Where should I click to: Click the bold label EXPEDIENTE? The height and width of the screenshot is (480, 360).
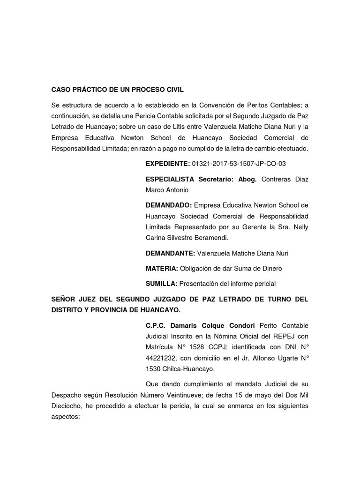click(167, 164)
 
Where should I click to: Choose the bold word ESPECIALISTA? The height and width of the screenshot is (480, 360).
click(171, 180)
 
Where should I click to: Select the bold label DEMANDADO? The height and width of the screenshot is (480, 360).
click(169, 205)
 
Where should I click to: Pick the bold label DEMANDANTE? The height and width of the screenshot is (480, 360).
click(170, 253)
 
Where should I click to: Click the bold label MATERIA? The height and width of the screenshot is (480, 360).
click(162, 268)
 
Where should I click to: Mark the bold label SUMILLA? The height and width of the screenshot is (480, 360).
click(162, 283)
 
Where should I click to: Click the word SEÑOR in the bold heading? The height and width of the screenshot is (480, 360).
click(64, 299)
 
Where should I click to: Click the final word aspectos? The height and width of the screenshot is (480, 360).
click(66, 416)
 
